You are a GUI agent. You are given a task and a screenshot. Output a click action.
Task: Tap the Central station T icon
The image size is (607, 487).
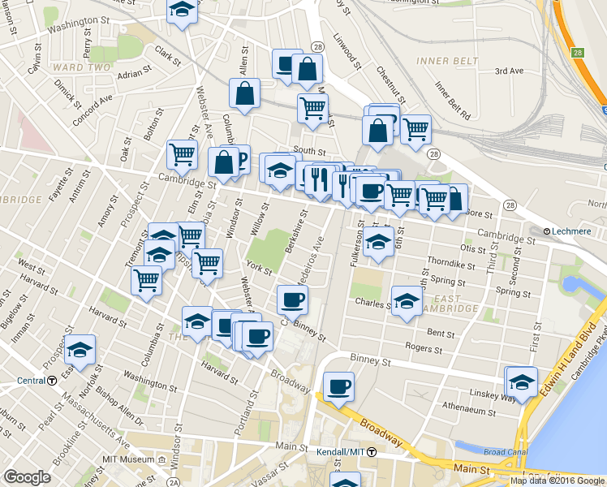pyautogui.click(x=51, y=380)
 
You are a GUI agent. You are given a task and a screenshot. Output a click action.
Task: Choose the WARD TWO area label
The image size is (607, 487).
pyautogui.click(x=80, y=67)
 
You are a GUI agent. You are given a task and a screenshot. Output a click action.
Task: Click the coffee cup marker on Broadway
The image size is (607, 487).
pyautogui.click(x=338, y=386)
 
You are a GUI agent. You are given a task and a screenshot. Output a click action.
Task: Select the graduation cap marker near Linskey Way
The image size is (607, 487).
pyautogui.click(x=521, y=381)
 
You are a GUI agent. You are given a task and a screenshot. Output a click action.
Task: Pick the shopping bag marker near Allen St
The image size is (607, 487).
pyautogui.click(x=244, y=93)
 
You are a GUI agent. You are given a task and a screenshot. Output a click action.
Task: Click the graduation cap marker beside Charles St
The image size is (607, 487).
pyautogui.click(x=407, y=301)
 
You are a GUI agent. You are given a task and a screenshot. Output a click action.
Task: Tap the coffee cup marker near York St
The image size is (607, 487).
pyautogui.click(x=291, y=300)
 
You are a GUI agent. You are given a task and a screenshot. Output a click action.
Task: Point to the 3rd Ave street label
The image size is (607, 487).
pyautogui.click(x=510, y=71)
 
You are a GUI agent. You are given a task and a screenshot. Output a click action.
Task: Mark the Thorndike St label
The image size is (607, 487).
pyautogui.click(x=450, y=265)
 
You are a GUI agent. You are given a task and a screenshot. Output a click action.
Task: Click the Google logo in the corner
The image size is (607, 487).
pyautogui.click(x=27, y=478)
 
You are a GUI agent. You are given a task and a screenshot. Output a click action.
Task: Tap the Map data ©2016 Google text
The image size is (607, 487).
pyautogui.click(x=557, y=481)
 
